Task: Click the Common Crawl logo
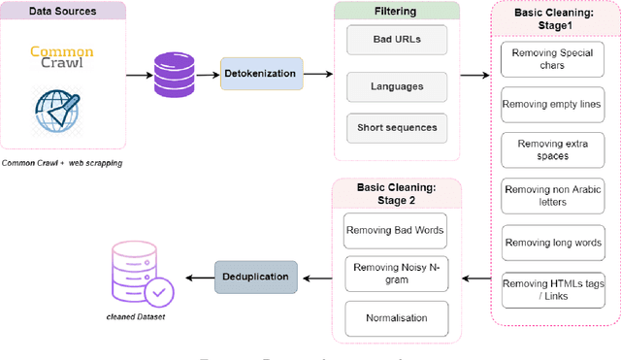coord(62,58)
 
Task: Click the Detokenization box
coord(263,73)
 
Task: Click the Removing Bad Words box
coord(395,230)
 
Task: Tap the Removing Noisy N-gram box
coord(395,275)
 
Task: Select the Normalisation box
coord(395,317)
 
